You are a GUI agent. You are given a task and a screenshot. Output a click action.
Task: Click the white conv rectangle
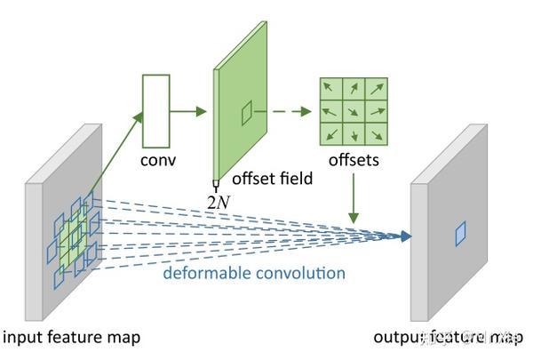click(155, 110)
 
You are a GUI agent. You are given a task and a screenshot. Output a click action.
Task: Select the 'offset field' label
click(272, 179)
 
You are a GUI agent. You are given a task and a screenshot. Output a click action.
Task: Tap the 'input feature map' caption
click(72, 337)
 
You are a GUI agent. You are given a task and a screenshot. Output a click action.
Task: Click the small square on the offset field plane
click(247, 112)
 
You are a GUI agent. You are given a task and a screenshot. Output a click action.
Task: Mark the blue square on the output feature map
click(461, 234)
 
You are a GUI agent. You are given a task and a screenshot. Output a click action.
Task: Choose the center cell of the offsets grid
click(354, 112)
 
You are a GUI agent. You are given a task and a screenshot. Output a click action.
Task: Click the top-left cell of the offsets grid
click(331, 90)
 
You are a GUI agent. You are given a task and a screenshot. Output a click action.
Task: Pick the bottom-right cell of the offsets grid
click(376, 134)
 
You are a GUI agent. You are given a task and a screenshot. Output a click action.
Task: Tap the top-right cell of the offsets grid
click(376, 90)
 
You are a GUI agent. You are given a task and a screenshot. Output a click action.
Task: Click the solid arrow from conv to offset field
click(188, 111)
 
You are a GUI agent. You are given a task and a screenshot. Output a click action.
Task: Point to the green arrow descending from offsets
click(354, 198)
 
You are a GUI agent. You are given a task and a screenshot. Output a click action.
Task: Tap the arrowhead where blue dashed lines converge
click(407, 236)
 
